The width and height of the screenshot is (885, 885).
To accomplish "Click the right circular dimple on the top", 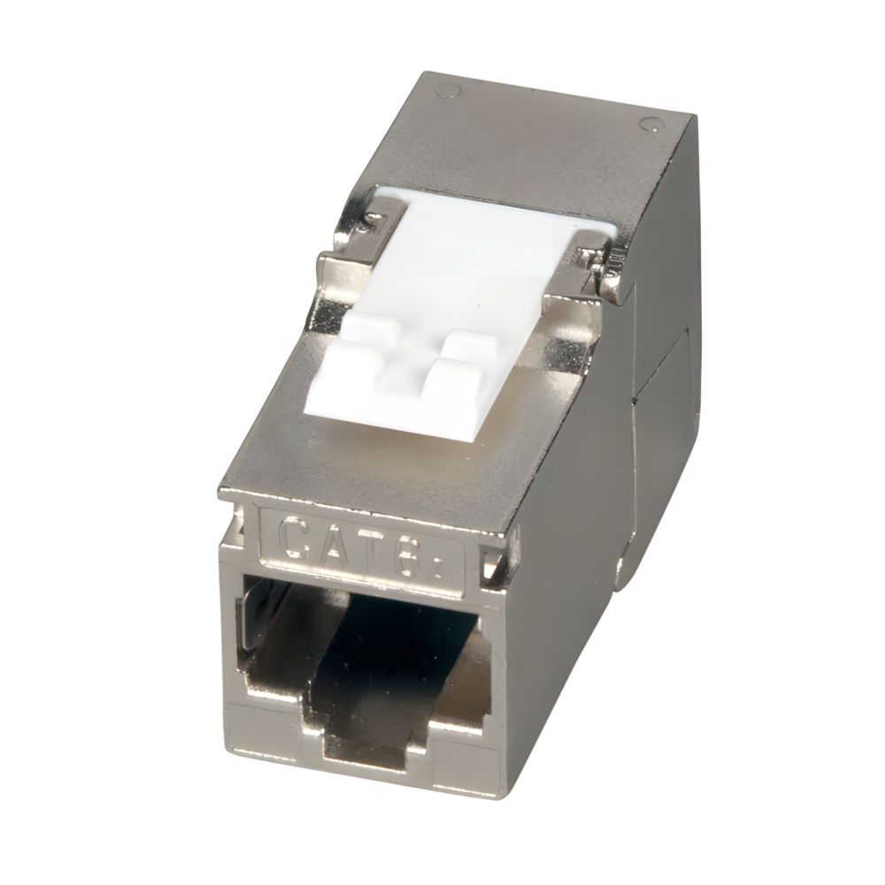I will tap(650, 123).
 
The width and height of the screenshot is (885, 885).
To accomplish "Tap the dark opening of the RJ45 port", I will tap(389, 655).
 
